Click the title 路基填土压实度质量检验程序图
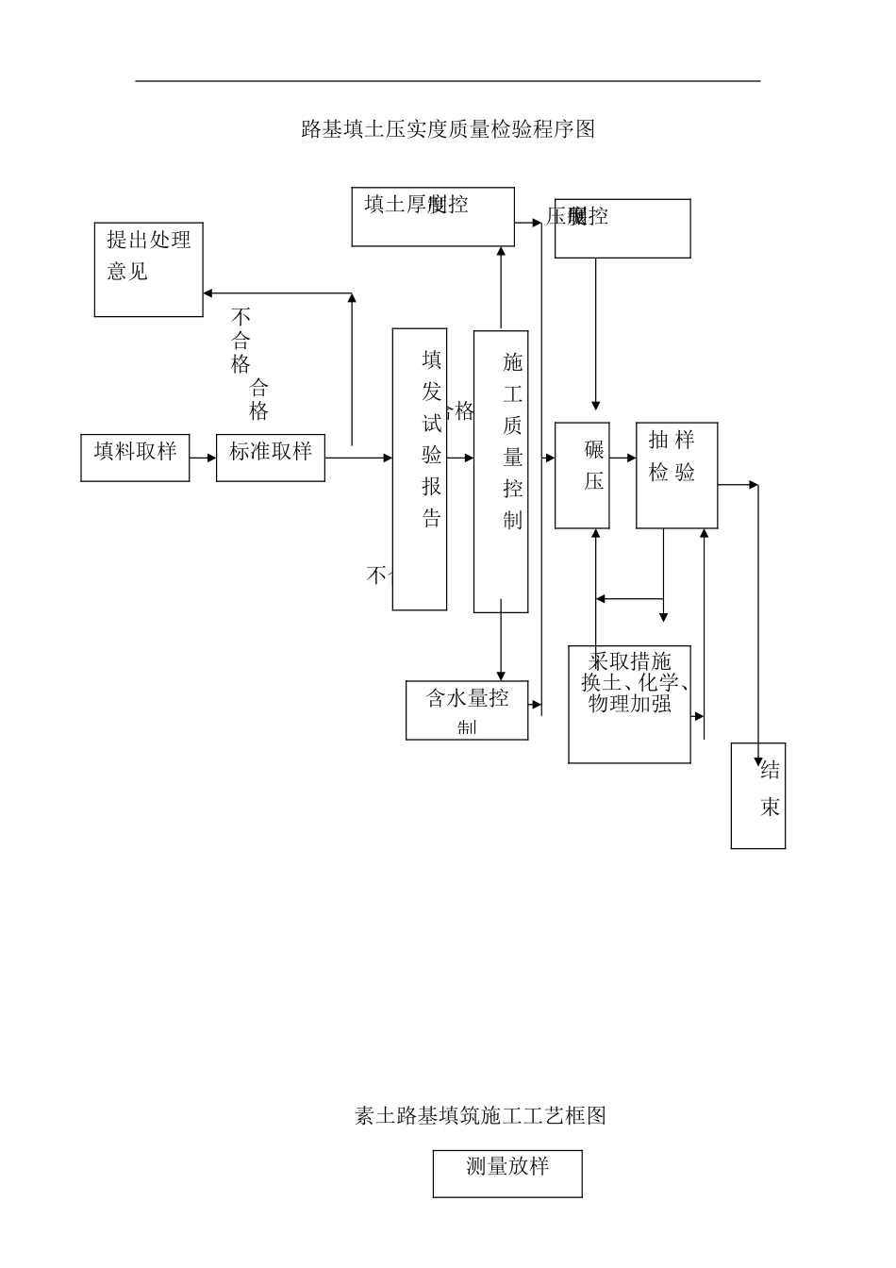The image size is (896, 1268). coord(448,129)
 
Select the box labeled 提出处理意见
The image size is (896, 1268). coord(149,269)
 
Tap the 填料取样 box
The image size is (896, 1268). coord(135,458)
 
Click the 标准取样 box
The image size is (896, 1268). coord(271,458)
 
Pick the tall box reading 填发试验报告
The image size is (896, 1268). coord(420,469)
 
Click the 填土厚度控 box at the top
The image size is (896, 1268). coord(433,217)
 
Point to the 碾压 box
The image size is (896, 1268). coord(582,475)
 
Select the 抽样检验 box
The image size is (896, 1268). coord(677,475)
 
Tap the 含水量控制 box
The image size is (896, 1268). coord(467,710)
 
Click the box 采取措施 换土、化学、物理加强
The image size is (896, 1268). coord(629,704)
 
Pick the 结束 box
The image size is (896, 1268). coord(758,795)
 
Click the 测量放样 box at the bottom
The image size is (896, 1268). coord(507,1173)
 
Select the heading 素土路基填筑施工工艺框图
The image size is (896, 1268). coord(480,1115)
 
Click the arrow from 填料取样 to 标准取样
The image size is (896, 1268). coord(203,458)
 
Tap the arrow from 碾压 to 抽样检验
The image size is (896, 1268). coord(622,458)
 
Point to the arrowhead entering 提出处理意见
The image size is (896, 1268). coord(208,293)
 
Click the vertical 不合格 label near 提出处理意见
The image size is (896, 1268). coord(241,342)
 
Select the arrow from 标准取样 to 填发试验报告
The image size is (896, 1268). coord(358,458)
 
